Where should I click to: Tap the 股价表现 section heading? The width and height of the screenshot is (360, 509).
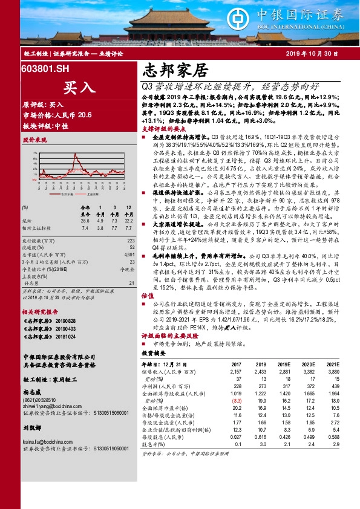34,140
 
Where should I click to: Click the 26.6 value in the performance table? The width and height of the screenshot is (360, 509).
85,221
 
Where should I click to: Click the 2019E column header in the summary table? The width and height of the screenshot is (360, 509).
283,364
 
